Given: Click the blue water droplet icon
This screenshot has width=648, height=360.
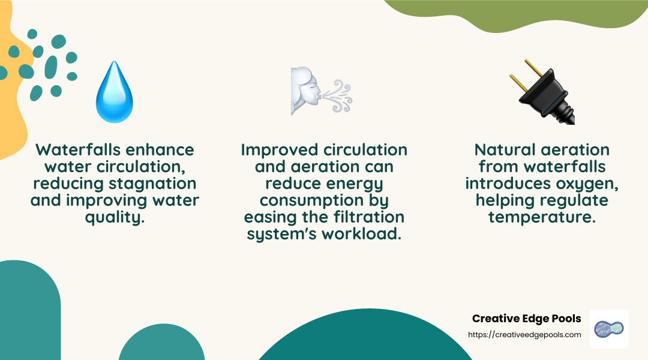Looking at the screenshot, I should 114,94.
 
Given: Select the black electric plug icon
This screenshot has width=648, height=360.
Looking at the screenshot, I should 540,93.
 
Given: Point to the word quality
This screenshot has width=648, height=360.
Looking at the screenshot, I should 115,217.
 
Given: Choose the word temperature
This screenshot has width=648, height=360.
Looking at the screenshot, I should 542,217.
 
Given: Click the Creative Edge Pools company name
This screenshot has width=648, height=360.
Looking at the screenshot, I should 526,319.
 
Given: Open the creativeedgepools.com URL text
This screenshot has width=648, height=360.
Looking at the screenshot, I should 524,335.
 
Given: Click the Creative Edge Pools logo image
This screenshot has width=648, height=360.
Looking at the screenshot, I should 609,329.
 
